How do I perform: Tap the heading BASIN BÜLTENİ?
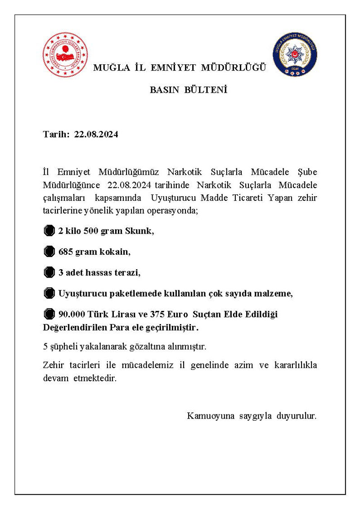tap(188, 90)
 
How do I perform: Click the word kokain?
tap(116, 252)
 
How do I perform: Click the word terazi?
tap(127, 272)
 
